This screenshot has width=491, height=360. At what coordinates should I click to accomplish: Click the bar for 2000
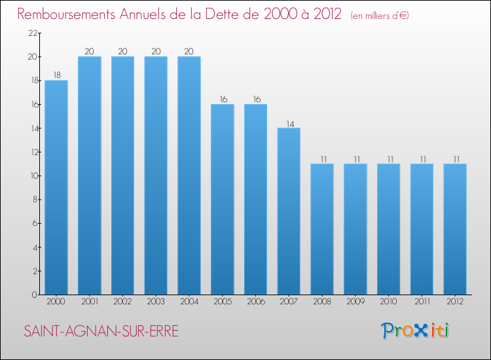[56, 187]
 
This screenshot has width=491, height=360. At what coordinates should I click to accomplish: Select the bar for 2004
[189, 175]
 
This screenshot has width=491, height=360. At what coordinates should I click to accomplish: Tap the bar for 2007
[289, 211]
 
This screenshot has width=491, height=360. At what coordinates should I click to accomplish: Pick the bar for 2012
[455, 229]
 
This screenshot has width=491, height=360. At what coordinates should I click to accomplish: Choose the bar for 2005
[223, 199]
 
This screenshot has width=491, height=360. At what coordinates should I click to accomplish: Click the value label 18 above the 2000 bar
[56, 75]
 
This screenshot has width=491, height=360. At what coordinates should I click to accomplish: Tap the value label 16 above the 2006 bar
[255, 99]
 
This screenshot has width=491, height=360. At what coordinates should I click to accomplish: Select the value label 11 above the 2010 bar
[388, 158]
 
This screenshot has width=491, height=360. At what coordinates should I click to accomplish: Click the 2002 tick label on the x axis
[122, 302]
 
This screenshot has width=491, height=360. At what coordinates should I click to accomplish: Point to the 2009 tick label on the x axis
[355, 302]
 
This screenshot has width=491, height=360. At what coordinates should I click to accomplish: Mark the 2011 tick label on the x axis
[422, 302]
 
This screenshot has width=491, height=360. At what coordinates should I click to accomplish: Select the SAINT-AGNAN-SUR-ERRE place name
[101, 331]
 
